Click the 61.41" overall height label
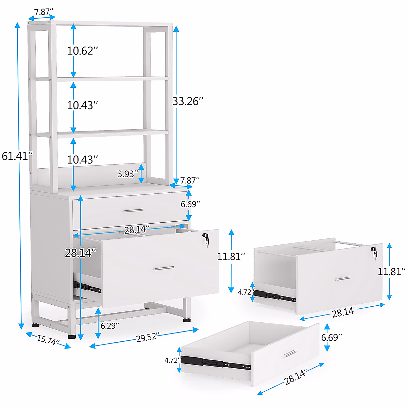(x=17, y=156)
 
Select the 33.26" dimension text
(x=188, y=101)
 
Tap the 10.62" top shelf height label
(x=82, y=51)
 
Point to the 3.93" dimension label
(x=128, y=174)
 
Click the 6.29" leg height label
(x=110, y=326)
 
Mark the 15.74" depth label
(x=48, y=340)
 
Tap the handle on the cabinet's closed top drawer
(x=133, y=210)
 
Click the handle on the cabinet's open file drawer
(x=164, y=268)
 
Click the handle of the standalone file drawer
(x=343, y=279)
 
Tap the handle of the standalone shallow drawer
(x=289, y=354)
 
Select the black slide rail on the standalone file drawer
(x=274, y=296)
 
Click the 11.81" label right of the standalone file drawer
(x=392, y=271)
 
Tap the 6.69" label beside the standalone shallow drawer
(x=331, y=337)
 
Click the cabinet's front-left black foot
(x=71, y=337)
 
